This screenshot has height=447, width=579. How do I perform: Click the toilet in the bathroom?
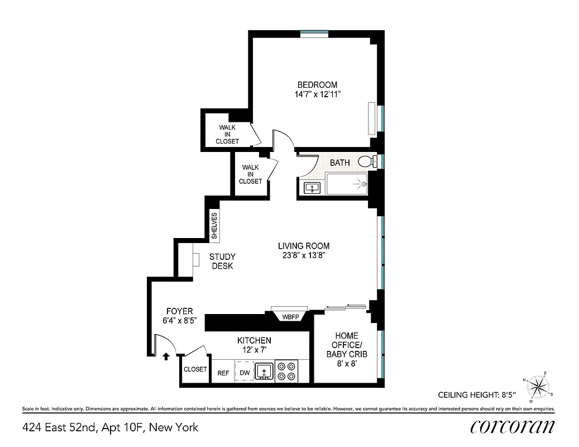(366, 162)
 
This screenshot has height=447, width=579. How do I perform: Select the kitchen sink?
(264, 371)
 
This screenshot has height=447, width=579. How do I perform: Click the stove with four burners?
(287, 371)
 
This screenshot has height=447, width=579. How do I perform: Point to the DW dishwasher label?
(244, 373)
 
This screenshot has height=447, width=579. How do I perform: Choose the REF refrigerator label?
(223, 373)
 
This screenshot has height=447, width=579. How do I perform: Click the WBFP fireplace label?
(290, 317)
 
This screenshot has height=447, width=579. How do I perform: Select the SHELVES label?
(214, 226)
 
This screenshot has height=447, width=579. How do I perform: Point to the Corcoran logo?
(513, 427)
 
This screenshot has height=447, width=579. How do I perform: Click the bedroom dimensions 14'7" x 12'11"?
(317, 94)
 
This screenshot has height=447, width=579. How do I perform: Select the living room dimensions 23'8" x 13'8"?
(304, 255)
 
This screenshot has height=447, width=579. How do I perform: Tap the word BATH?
(340, 163)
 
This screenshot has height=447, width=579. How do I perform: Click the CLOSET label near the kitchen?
(195, 369)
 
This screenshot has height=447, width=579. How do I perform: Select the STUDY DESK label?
(222, 261)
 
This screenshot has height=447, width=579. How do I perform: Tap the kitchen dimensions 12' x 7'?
(254, 350)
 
